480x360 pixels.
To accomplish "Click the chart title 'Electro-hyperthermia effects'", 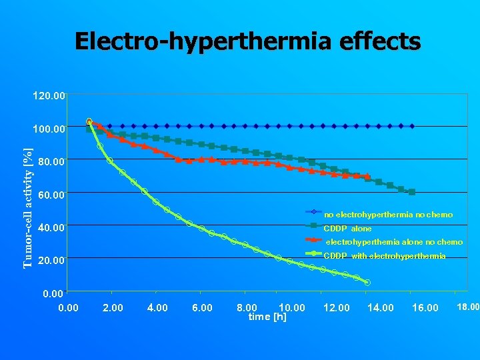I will pyautogui.click(x=247, y=41).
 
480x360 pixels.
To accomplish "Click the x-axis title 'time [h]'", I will pyautogui.click(x=267, y=317).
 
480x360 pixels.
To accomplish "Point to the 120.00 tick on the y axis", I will pyautogui.click(x=49, y=96).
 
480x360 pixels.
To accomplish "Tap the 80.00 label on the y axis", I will pyautogui.click(x=52, y=161).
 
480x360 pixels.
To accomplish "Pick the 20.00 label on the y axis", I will pyautogui.click(x=52, y=260).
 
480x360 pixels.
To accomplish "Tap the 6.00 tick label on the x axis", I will pyautogui.click(x=202, y=307).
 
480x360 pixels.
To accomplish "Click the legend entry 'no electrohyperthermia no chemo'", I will pyautogui.click(x=388, y=215).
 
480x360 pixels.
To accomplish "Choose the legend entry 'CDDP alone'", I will pyautogui.click(x=347, y=229).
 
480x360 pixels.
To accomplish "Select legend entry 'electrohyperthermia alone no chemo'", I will pyautogui.click(x=393, y=242).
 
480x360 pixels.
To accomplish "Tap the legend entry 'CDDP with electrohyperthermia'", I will pyautogui.click(x=384, y=256).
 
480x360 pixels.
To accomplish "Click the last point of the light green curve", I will pyautogui.click(x=367, y=283).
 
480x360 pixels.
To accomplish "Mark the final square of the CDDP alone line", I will pyautogui.click(x=412, y=192).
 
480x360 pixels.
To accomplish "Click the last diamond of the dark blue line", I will pyautogui.click(x=412, y=126).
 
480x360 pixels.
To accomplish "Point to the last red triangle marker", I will pyautogui.click(x=367, y=177).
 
